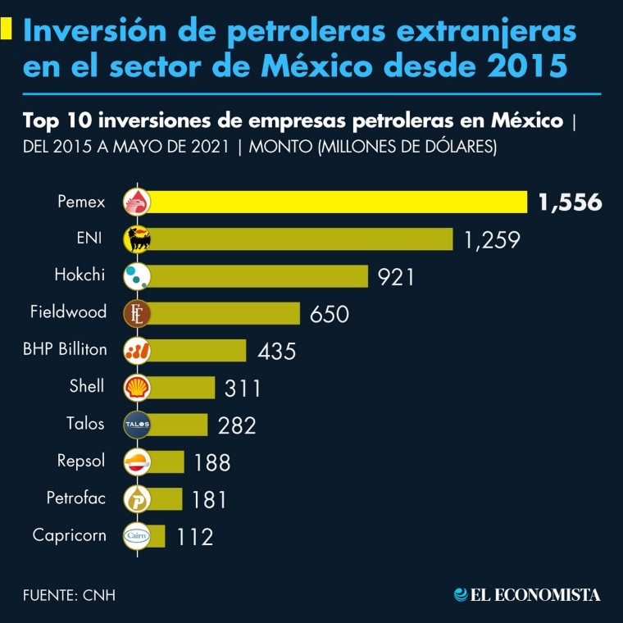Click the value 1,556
coord(570,202)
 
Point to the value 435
coord(276,351)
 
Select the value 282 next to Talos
coord(237,425)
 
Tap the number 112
coord(194,537)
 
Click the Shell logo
coord(136,388)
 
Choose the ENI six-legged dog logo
coord(136,239)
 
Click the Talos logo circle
coord(136,425)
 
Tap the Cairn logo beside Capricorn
coord(136,536)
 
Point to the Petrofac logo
coord(136,498)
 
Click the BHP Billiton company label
coord(66,349)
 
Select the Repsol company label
coord(81,461)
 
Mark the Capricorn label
coord(69,535)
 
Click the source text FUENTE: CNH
coord(69,594)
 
